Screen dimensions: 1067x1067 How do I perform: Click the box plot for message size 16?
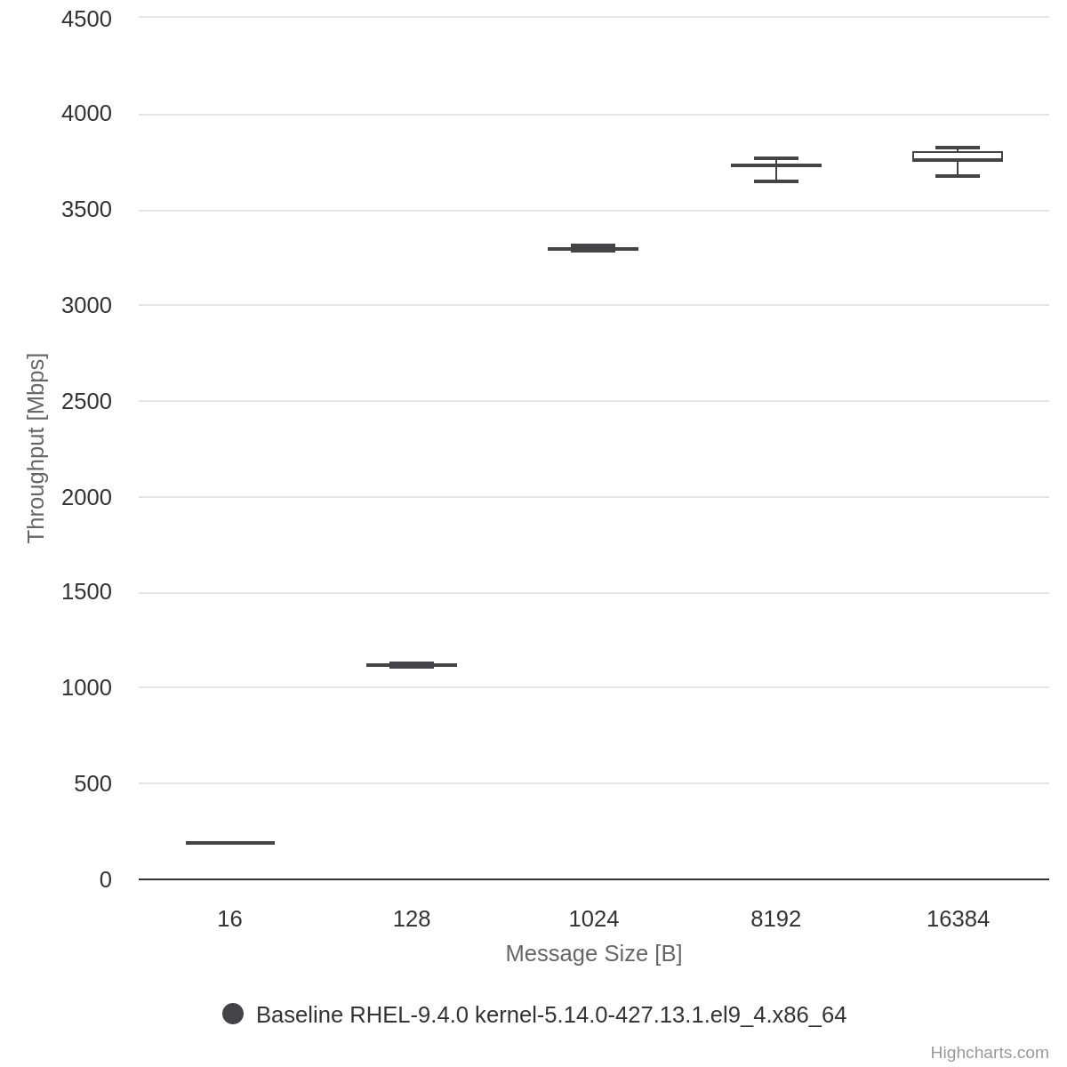(230, 842)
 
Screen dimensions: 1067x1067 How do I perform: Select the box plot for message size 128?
(412, 664)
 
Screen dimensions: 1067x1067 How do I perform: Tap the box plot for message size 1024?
(593, 248)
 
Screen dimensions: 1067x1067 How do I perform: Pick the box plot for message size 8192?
(776, 165)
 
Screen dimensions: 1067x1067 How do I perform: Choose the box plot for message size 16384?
(958, 156)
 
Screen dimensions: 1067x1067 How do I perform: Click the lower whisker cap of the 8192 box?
(776, 181)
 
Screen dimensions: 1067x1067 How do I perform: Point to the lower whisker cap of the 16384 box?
(958, 176)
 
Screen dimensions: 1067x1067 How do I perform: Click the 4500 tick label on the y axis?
(86, 19)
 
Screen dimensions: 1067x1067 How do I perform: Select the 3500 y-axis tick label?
(86, 210)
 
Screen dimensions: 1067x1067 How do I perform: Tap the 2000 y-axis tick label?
(86, 497)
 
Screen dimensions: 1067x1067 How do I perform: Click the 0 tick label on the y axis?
(106, 879)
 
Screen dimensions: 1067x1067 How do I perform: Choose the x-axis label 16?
(229, 919)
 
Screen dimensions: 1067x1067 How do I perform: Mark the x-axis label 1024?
(593, 919)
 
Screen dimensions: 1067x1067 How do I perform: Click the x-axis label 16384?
(958, 919)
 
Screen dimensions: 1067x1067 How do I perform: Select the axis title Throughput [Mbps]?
(36, 448)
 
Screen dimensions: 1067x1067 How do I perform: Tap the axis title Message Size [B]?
(593, 953)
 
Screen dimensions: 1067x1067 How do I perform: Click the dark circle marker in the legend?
(233, 1014)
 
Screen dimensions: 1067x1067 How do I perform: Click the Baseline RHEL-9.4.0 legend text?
(550, 1015)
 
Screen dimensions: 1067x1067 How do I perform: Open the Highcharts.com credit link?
(989, 1053)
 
